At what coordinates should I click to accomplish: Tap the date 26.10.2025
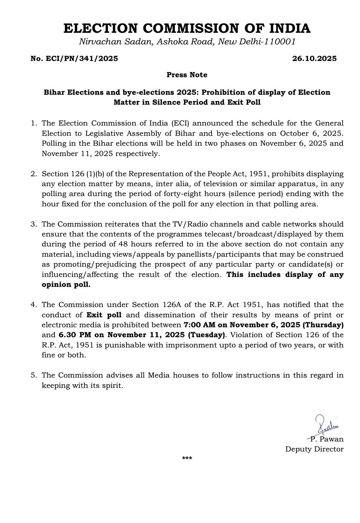coord(314,59)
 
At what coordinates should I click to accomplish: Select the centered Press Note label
coord(187,75)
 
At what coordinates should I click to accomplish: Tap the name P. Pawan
coord(327,439)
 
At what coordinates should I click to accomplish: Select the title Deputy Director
coord(314,449)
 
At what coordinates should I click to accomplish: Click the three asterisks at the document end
coord(187,459)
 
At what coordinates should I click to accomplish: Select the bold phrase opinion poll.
coord(66,285)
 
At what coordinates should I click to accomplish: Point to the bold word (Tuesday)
coord(206,335)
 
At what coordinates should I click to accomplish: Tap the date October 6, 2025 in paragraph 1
coord(311,133)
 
